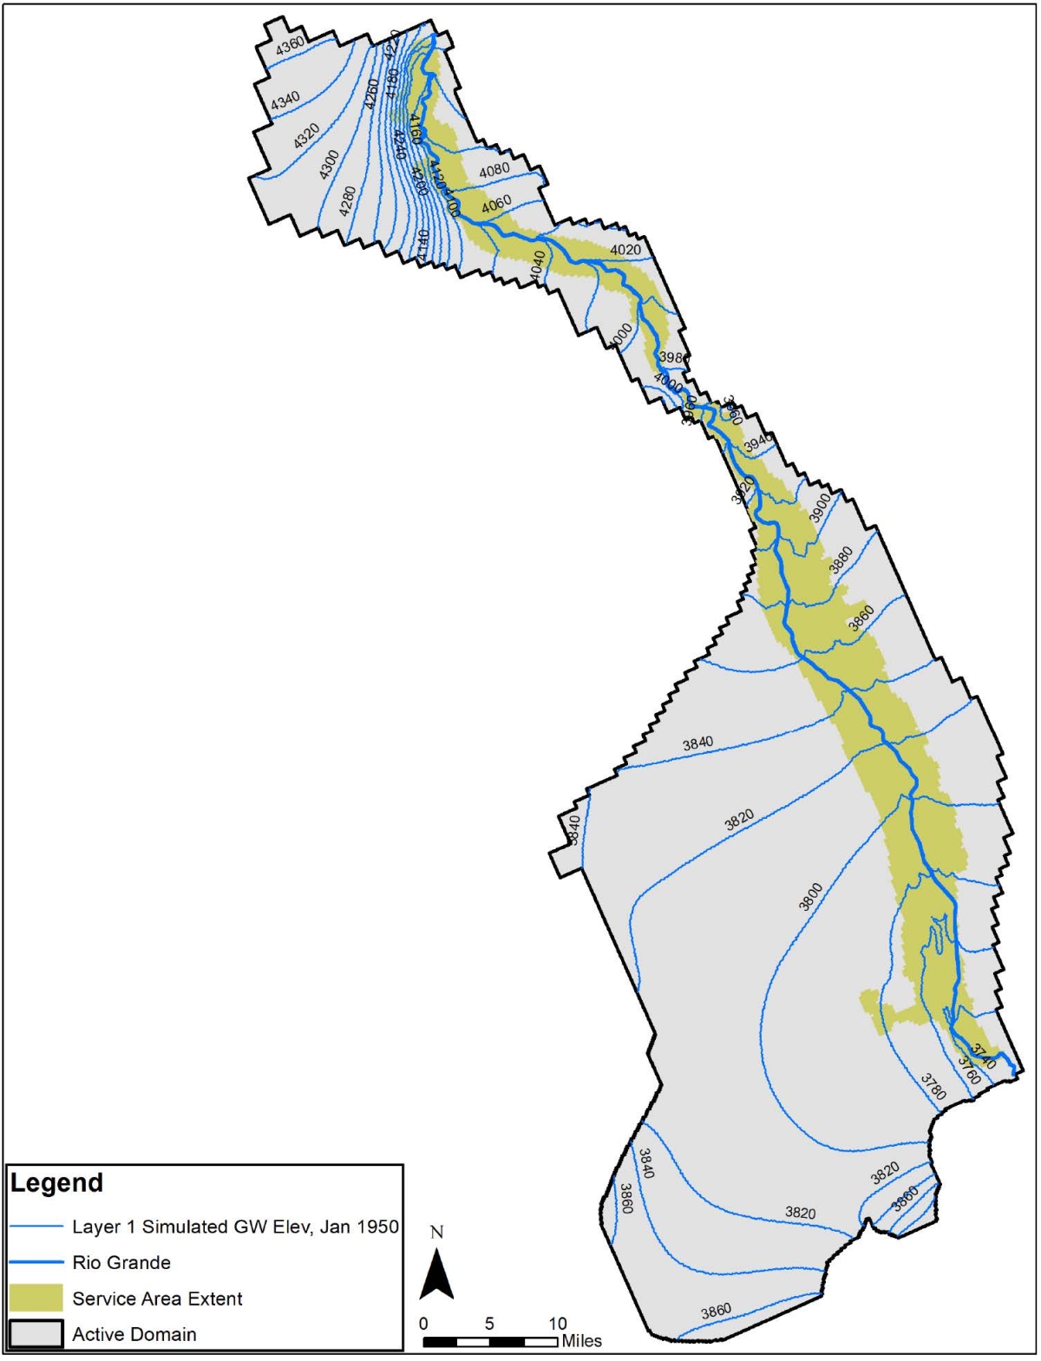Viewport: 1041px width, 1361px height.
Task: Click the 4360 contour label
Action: pos(290,45)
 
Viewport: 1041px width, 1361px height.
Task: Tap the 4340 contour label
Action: pos(285,101)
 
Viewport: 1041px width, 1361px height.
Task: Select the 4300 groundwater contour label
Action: pos(329,165)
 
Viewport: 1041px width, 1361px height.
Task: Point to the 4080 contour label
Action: pos(494,170)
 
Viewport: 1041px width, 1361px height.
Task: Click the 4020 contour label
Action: pos(625,250)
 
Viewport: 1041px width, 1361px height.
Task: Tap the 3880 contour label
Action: pos(841,560)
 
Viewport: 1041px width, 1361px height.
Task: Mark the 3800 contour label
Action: pos(810,896)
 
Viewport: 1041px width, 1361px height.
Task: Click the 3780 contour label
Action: pos(933,1087)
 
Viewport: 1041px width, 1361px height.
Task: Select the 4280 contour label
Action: pos(347,201)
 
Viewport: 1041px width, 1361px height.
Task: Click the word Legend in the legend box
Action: pos(56,1183)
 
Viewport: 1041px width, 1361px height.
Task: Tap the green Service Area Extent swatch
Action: pos(36,1298)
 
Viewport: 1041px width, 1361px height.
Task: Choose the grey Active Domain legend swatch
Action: pos(36,1334)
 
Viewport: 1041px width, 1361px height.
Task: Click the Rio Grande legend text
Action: pos(121,1262)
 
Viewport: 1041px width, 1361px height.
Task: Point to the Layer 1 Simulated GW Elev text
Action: pos(235,1227)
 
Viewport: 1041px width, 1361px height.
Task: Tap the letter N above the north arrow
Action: pos(436,1233)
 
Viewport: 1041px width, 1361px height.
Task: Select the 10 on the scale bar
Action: pos(557,1324)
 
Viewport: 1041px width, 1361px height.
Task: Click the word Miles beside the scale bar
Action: pos(581,1341)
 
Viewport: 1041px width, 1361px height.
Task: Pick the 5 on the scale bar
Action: pos(489,1324)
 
